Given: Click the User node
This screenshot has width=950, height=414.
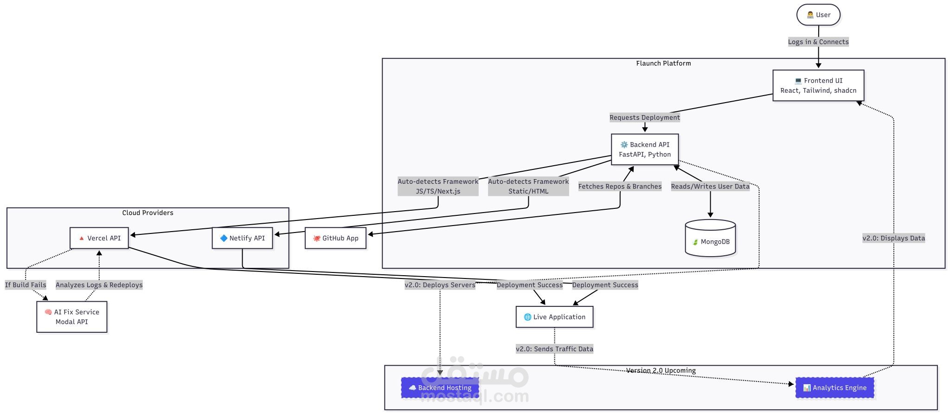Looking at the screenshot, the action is tap(818, 15).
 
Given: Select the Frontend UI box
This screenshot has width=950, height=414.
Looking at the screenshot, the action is tap(818, 85).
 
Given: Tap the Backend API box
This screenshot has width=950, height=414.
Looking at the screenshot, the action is tap(645, 149).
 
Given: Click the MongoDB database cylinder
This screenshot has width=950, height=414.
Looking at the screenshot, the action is tap(710, 239).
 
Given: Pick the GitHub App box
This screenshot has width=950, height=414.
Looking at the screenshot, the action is tap(335, 238).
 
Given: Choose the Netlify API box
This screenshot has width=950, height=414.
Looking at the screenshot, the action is tap(242, 238).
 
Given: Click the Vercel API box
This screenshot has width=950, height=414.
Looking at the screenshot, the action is tap(99, 238).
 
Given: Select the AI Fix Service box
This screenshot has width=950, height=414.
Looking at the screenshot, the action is tap(72, 317).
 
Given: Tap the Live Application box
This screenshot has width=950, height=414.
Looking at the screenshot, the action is tap(554, 317).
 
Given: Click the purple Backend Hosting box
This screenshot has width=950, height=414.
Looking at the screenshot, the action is tap(440, 388).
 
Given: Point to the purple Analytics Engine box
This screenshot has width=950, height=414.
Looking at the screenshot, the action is tap(834, 388).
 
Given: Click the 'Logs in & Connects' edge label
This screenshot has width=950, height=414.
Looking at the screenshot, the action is tap(818, 42).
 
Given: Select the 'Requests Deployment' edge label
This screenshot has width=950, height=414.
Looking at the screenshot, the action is tap(645, 117).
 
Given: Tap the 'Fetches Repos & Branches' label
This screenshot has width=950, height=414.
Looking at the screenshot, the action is tap(620, 187).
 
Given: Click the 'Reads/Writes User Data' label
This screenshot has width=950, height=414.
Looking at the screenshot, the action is tap(710, 187).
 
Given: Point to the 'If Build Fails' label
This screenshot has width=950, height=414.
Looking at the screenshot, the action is tap(26, 285).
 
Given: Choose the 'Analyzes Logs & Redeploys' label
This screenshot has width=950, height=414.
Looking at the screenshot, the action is tap(99, 285).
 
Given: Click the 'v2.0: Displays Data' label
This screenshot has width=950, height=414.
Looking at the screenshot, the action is tap(894, 238).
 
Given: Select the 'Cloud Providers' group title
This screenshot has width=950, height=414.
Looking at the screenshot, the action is tap(148, 213).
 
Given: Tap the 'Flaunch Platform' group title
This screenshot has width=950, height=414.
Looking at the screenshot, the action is tap(663, 64).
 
